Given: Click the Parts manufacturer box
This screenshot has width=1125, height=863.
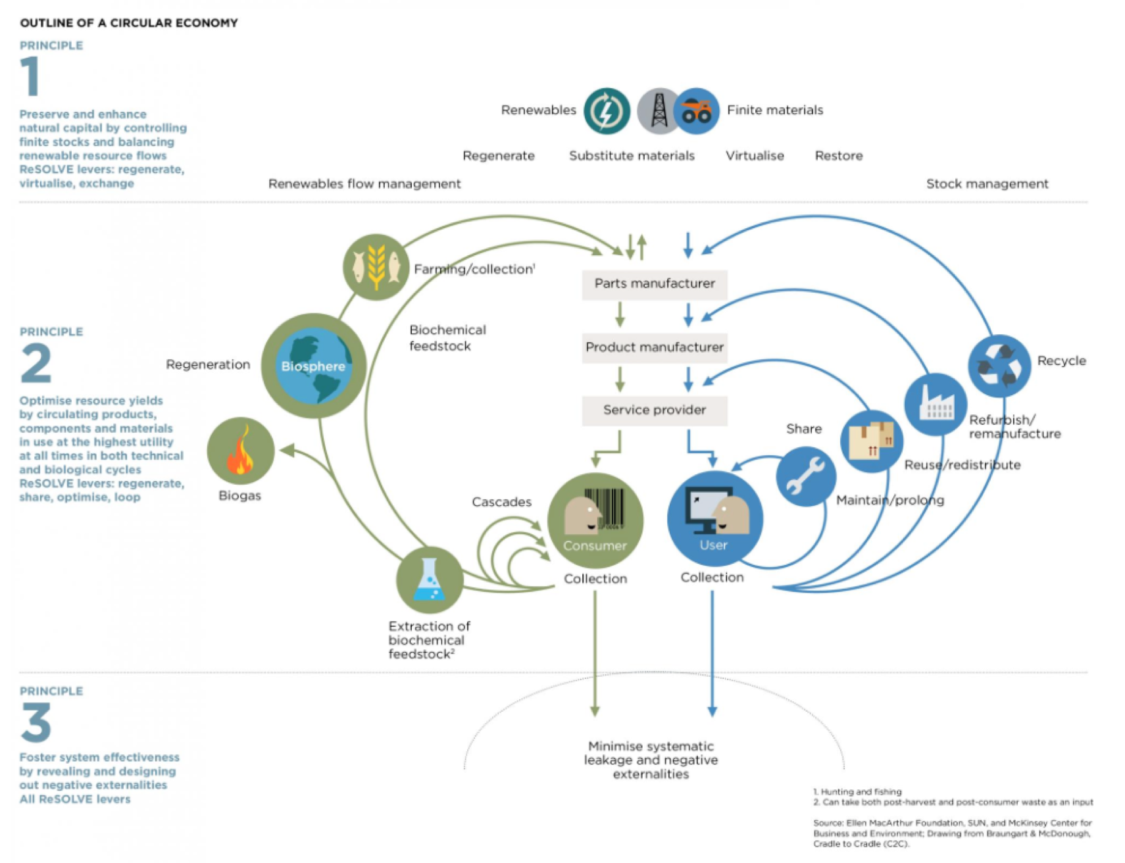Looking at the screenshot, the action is (x=654, y=284).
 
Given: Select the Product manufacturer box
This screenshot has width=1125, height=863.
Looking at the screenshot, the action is (x=654, y=347).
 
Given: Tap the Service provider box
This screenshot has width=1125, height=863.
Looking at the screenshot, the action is (x=654, y=410).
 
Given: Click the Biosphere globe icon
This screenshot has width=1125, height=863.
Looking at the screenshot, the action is (x=313, y=366).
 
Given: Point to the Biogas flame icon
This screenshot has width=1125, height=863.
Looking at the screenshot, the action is (x=240, y=451).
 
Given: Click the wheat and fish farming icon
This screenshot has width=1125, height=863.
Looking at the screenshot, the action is (x=376, y=267).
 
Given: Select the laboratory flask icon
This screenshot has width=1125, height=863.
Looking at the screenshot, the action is (x=430, y=580).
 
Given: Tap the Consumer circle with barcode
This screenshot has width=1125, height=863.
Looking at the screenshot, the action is (x=595, y=520).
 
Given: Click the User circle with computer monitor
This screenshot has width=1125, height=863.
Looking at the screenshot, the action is (x=714, y=519).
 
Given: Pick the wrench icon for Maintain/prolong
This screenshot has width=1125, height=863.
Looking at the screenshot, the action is (x=806, y=476).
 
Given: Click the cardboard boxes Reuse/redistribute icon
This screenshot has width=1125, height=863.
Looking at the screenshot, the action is (x=872, y=441).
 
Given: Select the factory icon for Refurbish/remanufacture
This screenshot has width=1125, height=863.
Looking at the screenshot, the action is (x=935, y=404).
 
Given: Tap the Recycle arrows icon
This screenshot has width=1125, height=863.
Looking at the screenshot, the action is (x=999, y=366).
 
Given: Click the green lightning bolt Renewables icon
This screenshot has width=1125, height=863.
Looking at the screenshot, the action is (x=607, y=111).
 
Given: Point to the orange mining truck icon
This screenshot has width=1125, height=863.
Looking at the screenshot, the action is (x=696, y=111).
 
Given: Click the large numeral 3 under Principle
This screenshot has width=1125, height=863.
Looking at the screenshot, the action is (x=36, y=722).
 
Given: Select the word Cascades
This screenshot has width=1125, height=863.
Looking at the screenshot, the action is (x=501, y=502).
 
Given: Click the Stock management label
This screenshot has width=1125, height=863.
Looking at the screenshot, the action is (x=987, y=184).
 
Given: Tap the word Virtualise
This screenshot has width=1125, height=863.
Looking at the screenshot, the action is (x=755, y=156).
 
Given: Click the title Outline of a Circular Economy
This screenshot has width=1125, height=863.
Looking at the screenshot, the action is (x=129, y=23).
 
